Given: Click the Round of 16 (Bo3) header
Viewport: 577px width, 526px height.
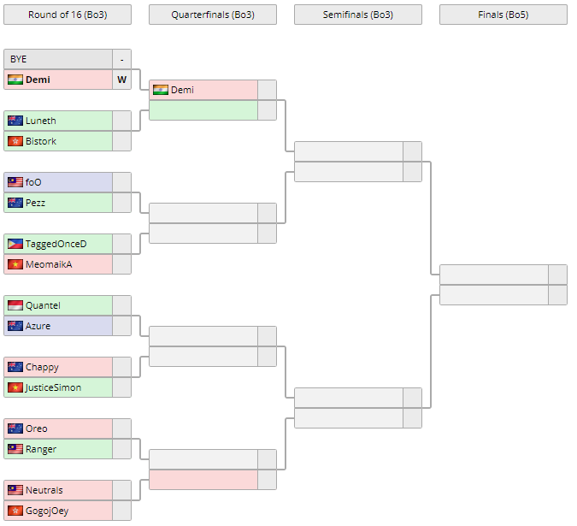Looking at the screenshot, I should [67, 15].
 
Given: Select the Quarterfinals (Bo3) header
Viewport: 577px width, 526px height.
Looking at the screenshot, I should [212, 15].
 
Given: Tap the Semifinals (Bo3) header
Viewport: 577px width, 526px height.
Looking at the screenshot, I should [357, 15].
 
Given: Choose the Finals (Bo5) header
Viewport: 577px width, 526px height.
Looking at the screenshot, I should [503, 15].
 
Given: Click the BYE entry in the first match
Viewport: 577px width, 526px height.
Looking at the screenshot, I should [19, 59].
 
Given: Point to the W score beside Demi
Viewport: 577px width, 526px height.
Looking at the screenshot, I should [121, 80].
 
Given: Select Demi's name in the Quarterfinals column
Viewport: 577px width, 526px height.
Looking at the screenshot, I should [182, 90].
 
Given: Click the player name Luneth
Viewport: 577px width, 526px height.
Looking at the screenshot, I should [41, 121].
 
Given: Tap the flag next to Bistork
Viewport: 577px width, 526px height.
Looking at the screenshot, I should [15, 141].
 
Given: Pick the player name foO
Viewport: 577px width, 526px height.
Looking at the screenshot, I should [33, 182].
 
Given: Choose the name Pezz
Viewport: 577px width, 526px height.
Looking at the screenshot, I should [35, 203].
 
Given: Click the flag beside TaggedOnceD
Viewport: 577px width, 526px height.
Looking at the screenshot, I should [15, 244].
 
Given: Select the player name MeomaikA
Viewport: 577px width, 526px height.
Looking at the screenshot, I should [49, 264].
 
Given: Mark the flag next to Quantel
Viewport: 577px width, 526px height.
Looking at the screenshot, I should [15, 305].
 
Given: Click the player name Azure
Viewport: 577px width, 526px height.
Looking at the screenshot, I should [38, 326].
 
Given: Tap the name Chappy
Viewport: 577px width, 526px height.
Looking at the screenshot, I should [42, 367].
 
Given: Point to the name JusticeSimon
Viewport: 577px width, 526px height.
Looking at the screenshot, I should [53, 387].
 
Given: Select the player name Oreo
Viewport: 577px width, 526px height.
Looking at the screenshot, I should [37, 428].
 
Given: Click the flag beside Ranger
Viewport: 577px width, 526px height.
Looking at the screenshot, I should [15, 449].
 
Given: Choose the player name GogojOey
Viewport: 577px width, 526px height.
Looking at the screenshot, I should [47, 511].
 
